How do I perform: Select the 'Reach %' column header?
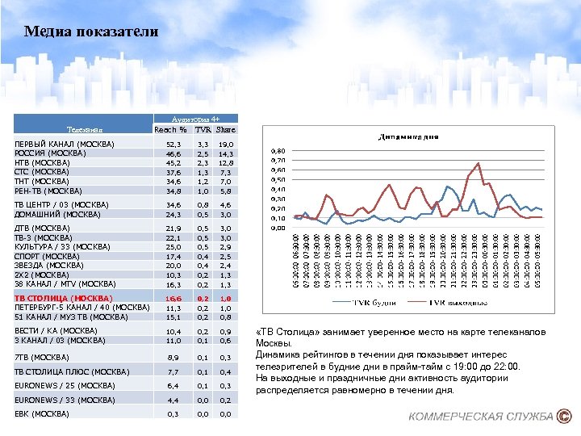170,129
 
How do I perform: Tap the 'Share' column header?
226,129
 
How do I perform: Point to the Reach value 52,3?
173,144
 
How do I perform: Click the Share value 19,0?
227,144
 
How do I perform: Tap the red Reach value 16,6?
173,298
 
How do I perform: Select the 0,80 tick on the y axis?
277,151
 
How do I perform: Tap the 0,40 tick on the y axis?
277,189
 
